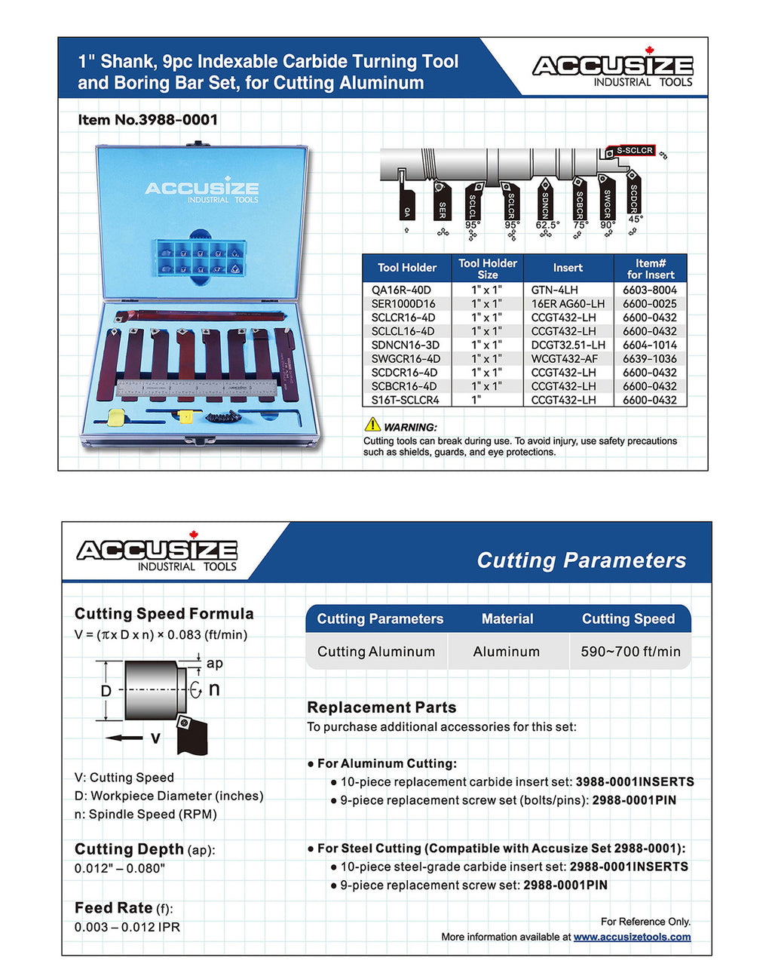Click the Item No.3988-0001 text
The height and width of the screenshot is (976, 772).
(x=148, y=120)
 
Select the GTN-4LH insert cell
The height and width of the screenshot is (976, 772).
(x=554, y=290)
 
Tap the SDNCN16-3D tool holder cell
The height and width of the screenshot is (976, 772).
(x=405, y=345)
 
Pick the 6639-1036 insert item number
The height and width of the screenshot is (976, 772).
(x=649, y=358)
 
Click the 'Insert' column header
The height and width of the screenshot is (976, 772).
(x=567, y=268)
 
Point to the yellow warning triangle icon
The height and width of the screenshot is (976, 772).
(x=372, y=425)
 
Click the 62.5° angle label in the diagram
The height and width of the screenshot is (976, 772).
(x=547, y=225)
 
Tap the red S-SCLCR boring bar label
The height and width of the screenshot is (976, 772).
(x=634, y=151)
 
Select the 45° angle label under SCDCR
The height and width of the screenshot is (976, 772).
(x=636, y=219)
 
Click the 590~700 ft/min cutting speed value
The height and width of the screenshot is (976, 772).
(x=630, y=652)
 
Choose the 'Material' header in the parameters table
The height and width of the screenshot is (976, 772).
(x=507, y=618)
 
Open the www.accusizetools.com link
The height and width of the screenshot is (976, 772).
(x=632, y=937)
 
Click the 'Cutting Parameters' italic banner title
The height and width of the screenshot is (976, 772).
(x=581, y=560)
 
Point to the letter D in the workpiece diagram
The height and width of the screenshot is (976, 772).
(x=106, y=691)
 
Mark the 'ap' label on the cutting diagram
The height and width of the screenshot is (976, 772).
(x=214, y=663)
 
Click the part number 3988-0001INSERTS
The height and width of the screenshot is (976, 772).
(x=635, y=782)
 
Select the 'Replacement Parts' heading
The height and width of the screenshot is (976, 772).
(x=381, y=707)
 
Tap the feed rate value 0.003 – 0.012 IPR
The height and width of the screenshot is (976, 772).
(x=127, y=927)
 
